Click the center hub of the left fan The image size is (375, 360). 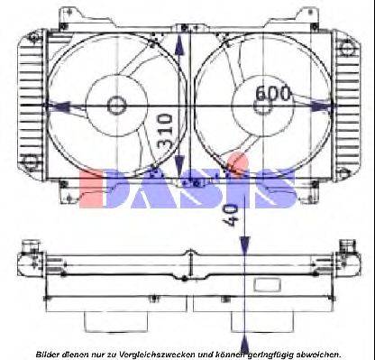(x=116, y=106)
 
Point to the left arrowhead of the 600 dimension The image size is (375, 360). (x=63, y=106)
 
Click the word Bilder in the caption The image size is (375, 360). (x=50, y=352)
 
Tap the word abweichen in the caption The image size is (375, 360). (x=316, y=352)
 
